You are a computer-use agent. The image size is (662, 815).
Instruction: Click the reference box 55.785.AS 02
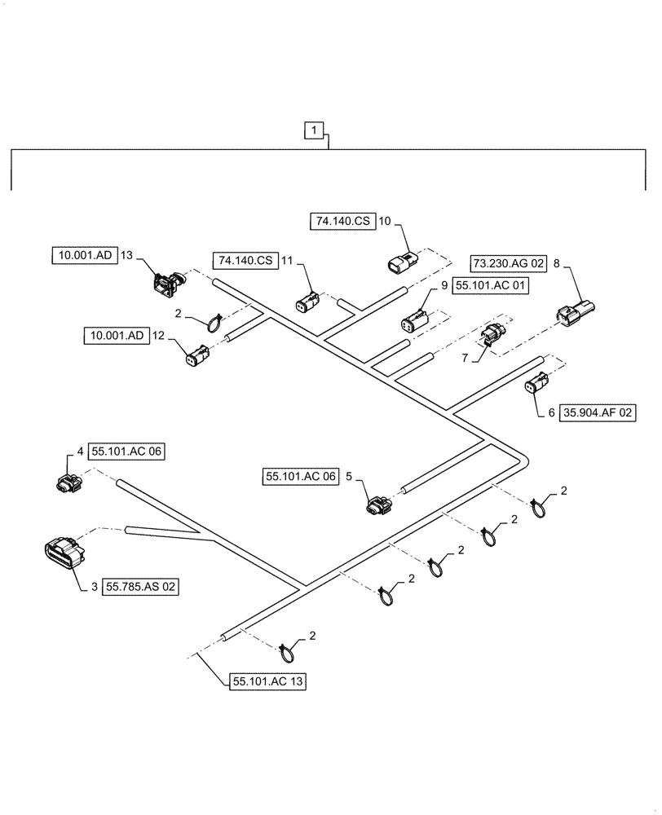coord(140,587)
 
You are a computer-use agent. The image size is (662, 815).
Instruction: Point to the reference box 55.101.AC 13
coord(269,682)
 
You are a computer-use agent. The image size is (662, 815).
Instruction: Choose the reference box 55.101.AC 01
coord(492,286)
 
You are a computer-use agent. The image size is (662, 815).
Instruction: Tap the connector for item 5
coord(377,505)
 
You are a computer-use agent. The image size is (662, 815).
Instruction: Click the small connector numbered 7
coord(492,335)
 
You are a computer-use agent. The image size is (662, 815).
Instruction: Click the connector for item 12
coord(196,356)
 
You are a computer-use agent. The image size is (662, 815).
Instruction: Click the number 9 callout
coord(445,286)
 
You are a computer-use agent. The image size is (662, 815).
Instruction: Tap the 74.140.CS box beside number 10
coord(342,220)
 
